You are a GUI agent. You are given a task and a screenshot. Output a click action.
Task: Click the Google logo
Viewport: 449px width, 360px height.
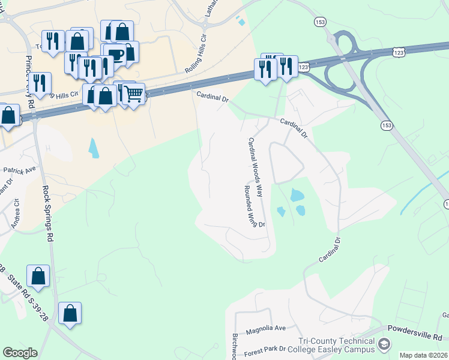tap(20, 353)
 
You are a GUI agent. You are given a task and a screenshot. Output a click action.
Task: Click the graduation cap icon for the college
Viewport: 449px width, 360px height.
tap(384, 344)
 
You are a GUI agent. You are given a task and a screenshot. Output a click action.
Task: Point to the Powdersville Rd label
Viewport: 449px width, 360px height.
tap(415, 329)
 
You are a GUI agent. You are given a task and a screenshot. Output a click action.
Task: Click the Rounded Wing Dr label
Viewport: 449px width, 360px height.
tap(255, 206)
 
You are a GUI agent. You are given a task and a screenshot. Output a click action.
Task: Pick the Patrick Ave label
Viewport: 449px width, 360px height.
tap(20, 171)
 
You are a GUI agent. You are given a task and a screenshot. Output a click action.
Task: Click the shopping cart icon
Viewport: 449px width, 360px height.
tap(134, 93)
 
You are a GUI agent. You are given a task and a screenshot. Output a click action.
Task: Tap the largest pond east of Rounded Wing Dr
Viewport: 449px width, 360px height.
tap(297, 195)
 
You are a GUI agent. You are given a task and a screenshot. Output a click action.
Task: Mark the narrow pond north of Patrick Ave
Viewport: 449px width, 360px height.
tap(93, 148)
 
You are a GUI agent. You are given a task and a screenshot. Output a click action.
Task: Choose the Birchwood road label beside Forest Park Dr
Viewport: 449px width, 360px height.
tap(235, 346)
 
